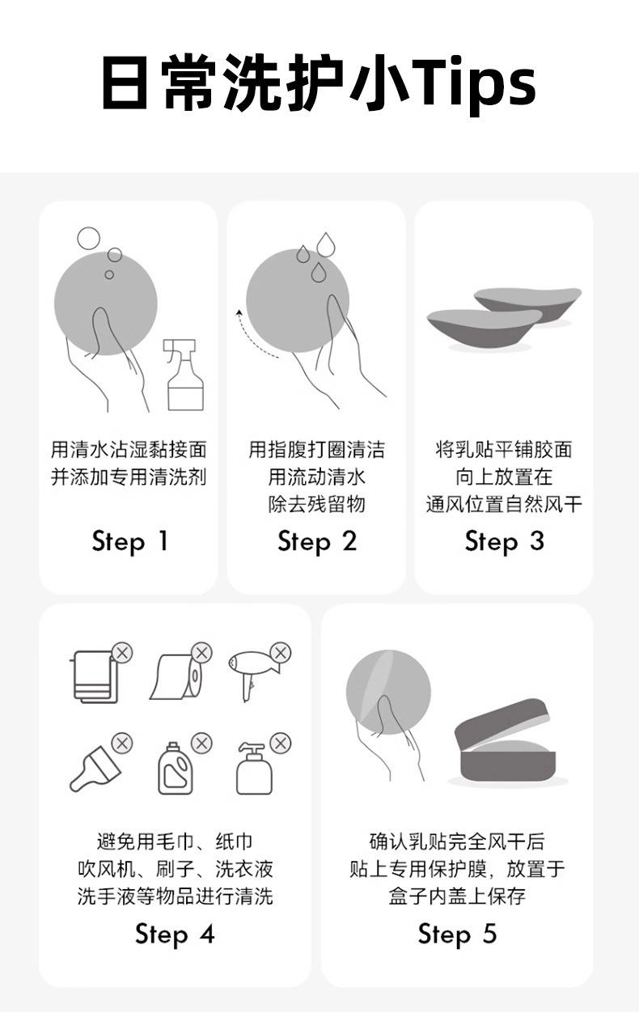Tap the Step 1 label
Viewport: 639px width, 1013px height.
129,542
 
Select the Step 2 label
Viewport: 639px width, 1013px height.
317,542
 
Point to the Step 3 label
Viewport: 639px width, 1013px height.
504,542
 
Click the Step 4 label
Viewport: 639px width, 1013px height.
175,935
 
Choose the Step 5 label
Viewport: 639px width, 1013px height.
457,935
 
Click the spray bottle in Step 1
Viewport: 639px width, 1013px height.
184,375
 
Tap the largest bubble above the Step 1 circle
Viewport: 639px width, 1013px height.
88,239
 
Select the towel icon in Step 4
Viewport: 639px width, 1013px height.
95,676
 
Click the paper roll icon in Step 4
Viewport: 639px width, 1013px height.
176,676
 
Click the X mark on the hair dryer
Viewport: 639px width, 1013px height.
281,653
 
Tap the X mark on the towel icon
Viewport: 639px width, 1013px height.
122,653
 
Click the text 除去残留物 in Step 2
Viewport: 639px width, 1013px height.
316,504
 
